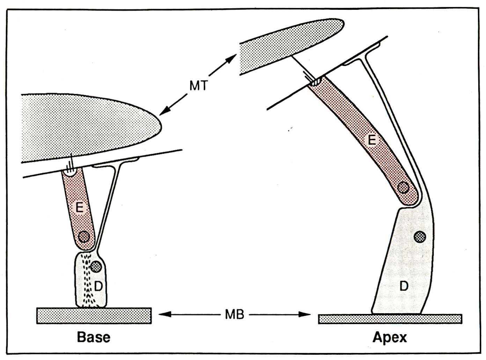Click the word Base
(x=94, y=337)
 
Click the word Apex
(x=390, y=337)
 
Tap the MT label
(x=198, y=86)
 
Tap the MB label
(x=235, y=315)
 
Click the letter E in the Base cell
(x=79, y=208)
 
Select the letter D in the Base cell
(x=98, y=286)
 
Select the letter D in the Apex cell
(x=404, y=286)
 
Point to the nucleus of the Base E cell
(x=84, y=237)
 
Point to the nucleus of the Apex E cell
(x=404, y=188)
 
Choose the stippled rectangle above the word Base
(x=94, y=316)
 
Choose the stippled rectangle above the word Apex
(x=390, y=319)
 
